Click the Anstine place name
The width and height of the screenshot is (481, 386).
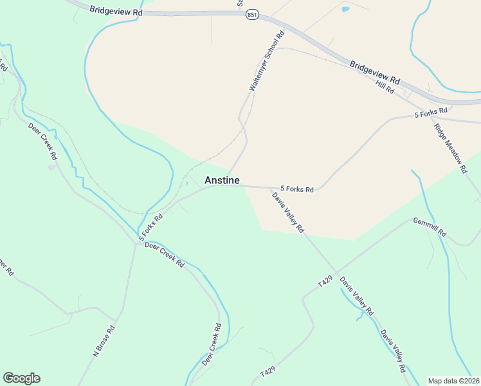(222, 181)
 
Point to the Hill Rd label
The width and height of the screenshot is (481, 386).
(385, 87)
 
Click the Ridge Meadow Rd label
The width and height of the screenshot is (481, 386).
(450, 148)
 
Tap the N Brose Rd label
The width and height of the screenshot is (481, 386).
(104, 341)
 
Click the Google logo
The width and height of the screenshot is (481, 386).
(21, 378)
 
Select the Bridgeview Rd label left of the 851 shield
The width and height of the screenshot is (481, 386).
(116, 11)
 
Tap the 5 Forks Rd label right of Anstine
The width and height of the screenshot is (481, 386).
(296, 190)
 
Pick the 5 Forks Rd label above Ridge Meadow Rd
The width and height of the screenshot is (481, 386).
(431, 113)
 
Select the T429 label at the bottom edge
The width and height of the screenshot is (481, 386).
(268, 373)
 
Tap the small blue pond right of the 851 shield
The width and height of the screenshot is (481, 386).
(346, 10)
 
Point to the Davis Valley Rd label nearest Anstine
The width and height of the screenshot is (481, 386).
(287, 212)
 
